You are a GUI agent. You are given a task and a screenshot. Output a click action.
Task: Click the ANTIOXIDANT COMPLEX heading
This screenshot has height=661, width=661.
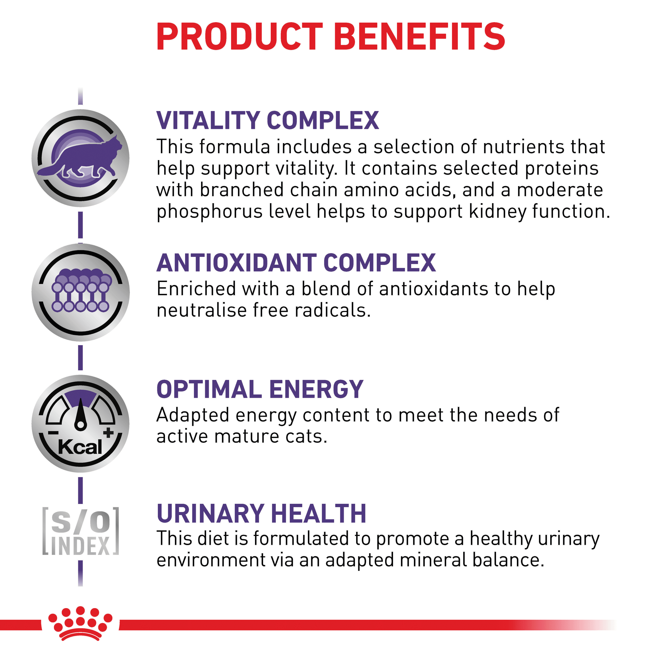point(296,263)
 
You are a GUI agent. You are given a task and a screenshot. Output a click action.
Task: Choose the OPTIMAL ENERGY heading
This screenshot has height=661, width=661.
point(260,389)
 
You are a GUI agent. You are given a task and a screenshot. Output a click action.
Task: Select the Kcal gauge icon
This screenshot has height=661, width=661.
point(80,424)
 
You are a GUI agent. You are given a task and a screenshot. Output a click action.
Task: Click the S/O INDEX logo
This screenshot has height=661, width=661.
point(80,531)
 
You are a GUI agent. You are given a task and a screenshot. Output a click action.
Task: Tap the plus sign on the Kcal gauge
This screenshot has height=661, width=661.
point(109,432)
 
